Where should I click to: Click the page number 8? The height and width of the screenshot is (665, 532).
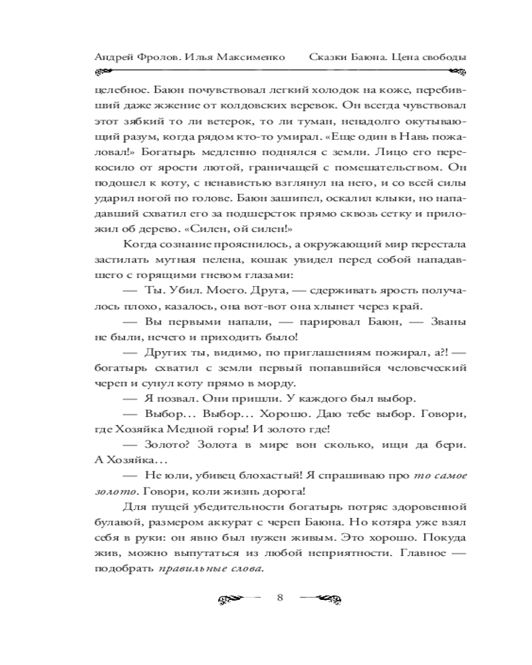coord(279,597)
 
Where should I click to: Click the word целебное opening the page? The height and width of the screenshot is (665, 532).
coord(117,88)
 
